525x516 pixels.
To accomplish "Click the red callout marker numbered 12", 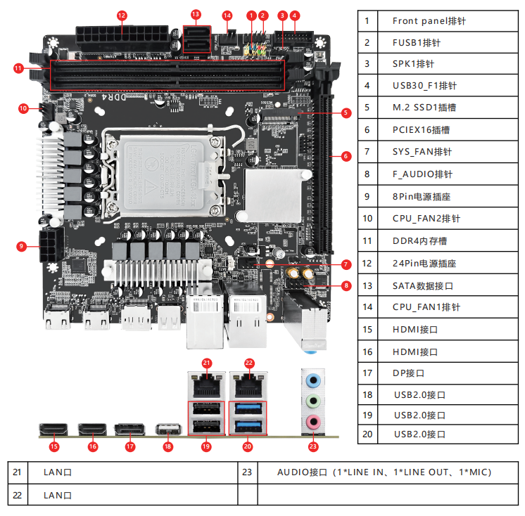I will click(x=122, y=15).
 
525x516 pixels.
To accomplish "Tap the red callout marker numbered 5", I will click(x=346, y=112).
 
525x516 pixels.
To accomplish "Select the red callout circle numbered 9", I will click(x=22, y=246).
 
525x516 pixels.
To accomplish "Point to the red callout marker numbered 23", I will click(x=313, y=446).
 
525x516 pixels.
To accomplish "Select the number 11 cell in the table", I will click(x=367, y=241).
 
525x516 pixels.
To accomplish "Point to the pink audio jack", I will click(x=315, y=422).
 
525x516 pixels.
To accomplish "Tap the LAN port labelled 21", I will click(x=206, y=384).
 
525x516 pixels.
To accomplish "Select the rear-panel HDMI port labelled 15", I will click(x=53, y=429).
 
